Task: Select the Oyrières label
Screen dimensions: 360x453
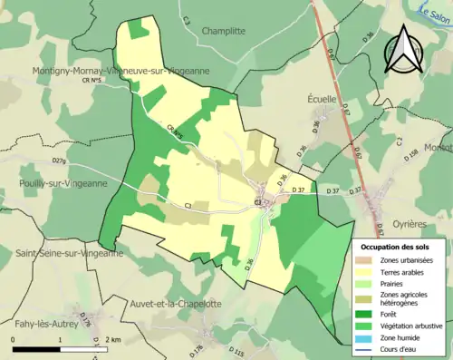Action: (x=410, y=223)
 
